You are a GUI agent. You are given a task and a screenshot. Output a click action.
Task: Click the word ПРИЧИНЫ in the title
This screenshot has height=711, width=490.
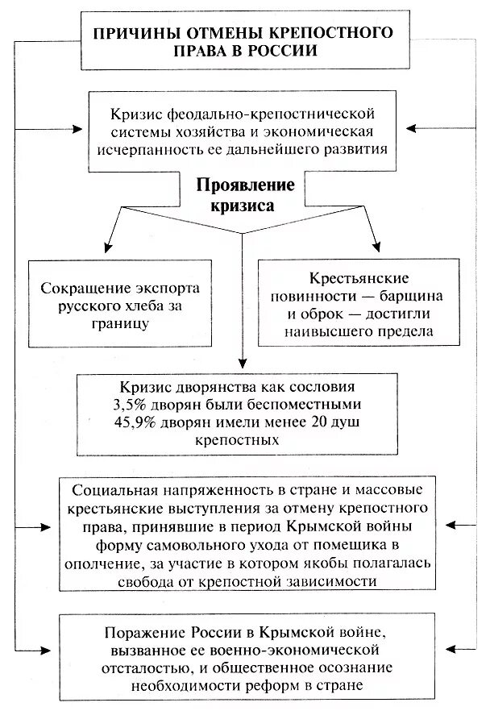point(134,33)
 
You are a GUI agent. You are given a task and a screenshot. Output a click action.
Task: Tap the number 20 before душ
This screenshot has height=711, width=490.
point(331,422)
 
